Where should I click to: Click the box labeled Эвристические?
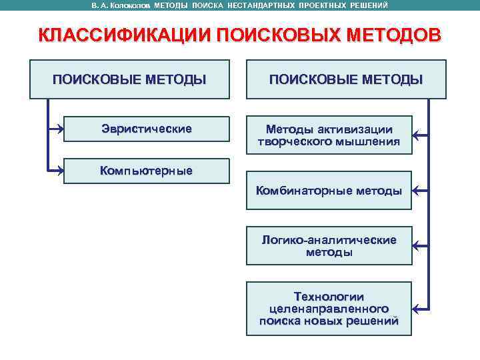(146, 129)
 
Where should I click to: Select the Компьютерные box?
(146, 171)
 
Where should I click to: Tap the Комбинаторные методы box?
(329, 191)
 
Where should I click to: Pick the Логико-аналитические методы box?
(329, 246)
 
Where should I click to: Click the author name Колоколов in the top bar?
(131, 5)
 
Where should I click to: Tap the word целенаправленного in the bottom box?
(329, 309)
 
